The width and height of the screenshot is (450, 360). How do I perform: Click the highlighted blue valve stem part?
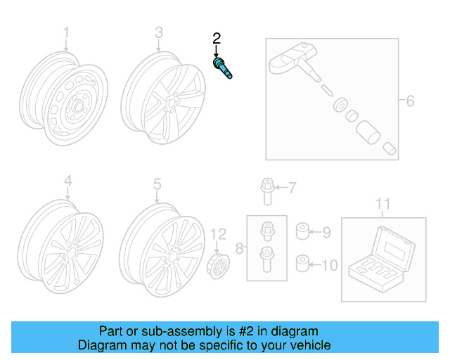(x=223, y=69)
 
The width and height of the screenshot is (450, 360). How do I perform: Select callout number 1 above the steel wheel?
(x=67, y=32)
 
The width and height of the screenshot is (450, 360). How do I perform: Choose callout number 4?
(x=67, y=182)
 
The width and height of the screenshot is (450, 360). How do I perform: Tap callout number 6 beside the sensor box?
(x=410, y=101)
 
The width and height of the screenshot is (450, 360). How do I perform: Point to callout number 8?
(x=239, y=247)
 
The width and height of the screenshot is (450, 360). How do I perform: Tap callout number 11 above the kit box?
(x=382, y=204)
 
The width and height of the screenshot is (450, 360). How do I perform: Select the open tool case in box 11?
(x=384, y=258)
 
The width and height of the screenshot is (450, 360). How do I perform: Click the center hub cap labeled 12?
(x=219, y=269)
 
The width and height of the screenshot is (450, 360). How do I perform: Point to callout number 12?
(x=219, y=233)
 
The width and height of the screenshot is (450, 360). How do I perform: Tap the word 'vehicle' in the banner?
(x=309, y=345)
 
